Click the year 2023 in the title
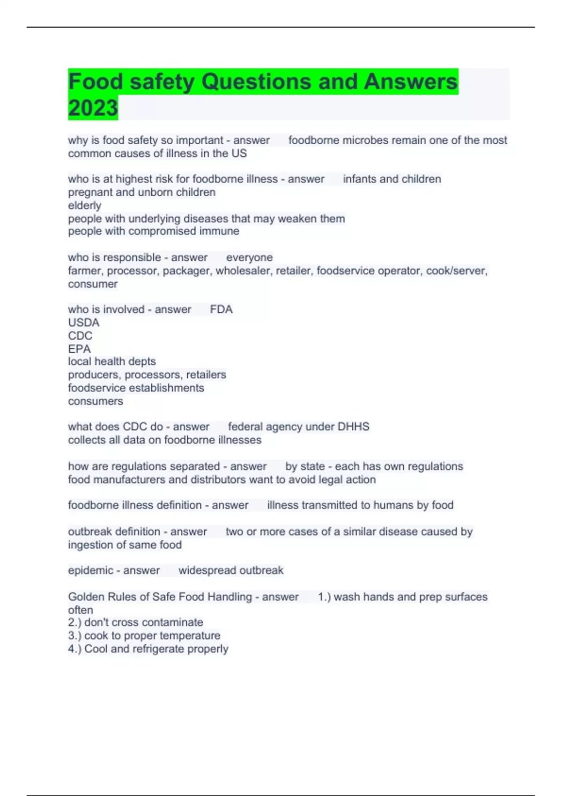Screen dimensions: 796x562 (93, 108)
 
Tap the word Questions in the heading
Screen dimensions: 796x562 (256, 81)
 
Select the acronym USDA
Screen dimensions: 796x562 (84, 323)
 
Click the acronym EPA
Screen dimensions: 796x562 (79, 349)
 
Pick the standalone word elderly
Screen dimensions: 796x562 (84, 206)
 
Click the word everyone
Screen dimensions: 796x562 (249, 258)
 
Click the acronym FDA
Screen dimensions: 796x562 (221, 310)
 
